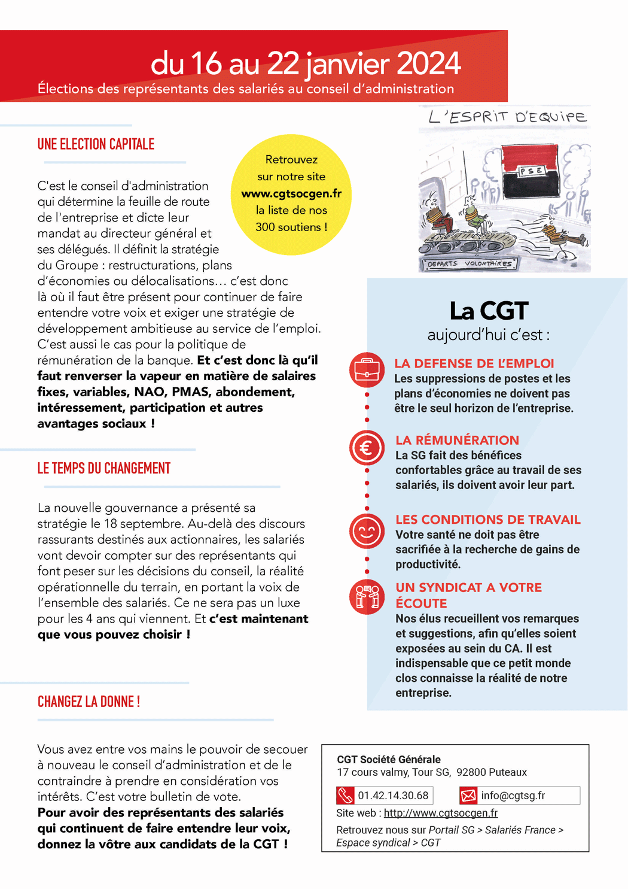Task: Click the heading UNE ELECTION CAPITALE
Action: [x=96, y=144]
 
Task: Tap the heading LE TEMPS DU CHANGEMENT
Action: [x=104, y=468]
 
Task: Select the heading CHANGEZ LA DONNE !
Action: [x=89, y=702]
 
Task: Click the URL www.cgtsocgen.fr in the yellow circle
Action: [x=291, y=193]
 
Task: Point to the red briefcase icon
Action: [x=367, y=370]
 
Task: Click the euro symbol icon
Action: [x=367, y=448]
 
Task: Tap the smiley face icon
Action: [x=367, y=531]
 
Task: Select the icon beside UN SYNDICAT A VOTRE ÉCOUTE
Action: [x=367, y=597]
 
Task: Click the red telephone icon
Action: [x=346, y=796]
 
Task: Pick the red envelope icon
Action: [x=468, y=796]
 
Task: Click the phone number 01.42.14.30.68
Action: [x=393, y=796]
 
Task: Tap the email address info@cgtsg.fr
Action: [x=513, y=796]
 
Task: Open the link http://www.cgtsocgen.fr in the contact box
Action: [x=441, y=813]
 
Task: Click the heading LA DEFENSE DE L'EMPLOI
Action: [x=474, y=363]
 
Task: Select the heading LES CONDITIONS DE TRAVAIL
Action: [x=488, y=520]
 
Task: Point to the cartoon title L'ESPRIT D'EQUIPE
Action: [x=507, y=117]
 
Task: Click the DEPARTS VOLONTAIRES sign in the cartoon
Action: [x=470, y=263]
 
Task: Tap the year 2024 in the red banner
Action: [x=428, y=63]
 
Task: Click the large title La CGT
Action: [x=489, y=311]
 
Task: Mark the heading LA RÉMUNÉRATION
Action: [x=457, y=440]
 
